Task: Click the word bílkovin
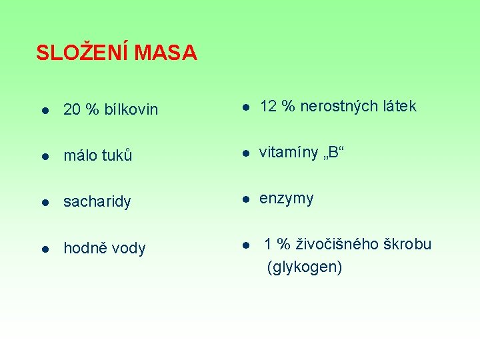pyautogui.click(x=130, y=109)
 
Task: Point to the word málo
pyautogui.click(x=80, y=156)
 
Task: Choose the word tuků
pyautogui.click(x=117, y=156)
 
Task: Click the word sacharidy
pyautogui.click(x=97, y=202)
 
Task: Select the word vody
pyautogui.click(x=129, y=249)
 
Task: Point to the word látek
pyautogui.click(x=399, y=106)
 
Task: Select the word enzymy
pyautogui.click(x=286, y=199)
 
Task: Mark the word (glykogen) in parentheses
pyautogui.click(x=305, y=268)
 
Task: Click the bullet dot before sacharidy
pyautogui.click(x=43, y=202)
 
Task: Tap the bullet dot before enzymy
pyautogui.click(x=245, y=199)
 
